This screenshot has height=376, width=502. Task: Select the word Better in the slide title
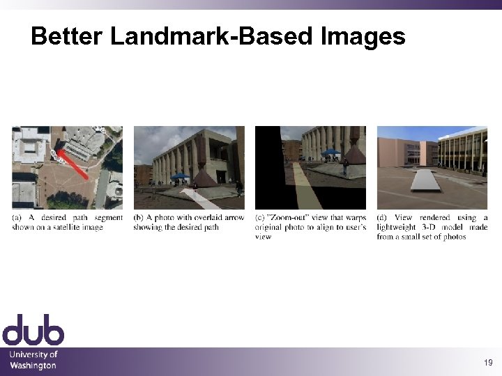pyautogui.click(x=67, y=36)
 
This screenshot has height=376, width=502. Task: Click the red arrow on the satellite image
pyautogui.click(x=75, y=164)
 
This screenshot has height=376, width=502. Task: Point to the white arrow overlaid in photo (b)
pyautogui.click(x=201, y=198)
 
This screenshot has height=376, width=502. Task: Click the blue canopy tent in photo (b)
pyautogui.click(x=180, y=177)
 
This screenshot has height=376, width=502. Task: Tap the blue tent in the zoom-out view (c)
pyautogui.click(x=331, y=152)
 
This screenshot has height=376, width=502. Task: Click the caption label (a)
pyautogui.click(x=17, y=218)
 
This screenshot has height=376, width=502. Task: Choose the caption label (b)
pyautogui.click(x=139, y=218)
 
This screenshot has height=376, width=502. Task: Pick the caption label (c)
pyautogui.click(x=261, y=218)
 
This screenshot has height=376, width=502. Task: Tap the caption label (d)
pyautogui.click(x=383, y=218)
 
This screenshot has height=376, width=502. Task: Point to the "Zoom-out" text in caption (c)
pyautogui.click(x=289, y=218)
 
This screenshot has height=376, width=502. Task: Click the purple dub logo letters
pyautogui.click(x=33, y=329)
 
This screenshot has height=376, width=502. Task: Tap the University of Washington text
pyautogui.click(x=33, y=360)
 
